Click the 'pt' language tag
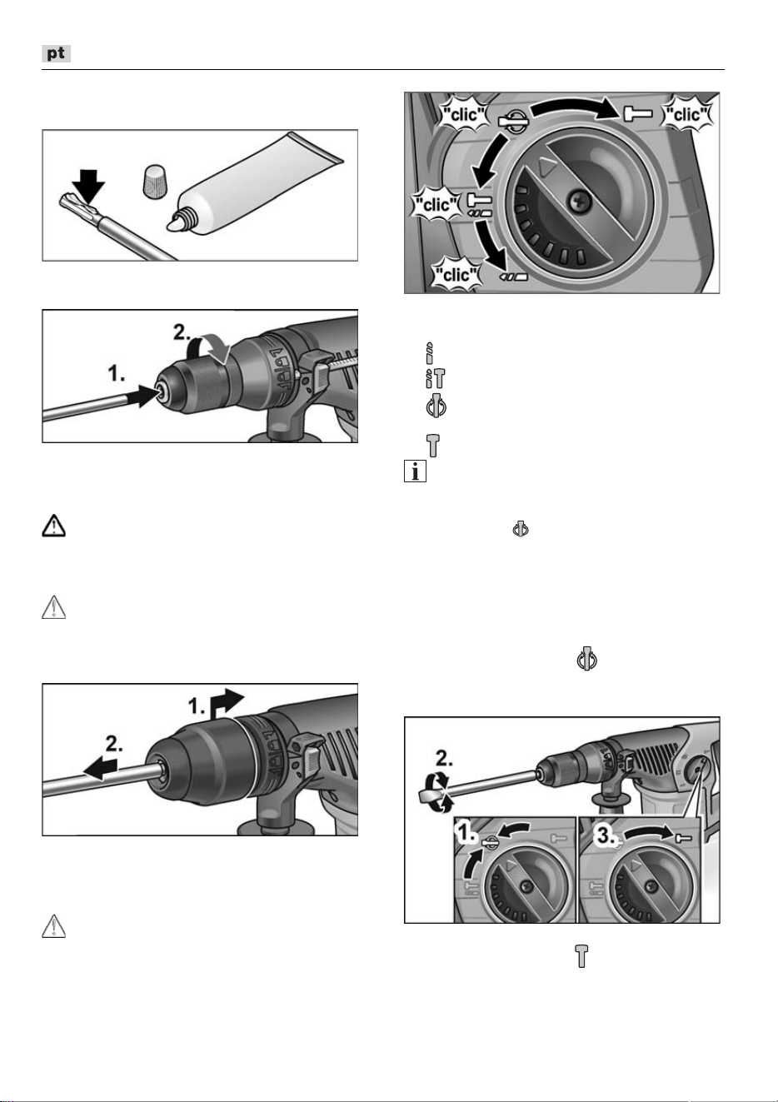coord(56,53)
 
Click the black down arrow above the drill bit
coord(88,186)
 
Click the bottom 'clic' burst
coord(456,274)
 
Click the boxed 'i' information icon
coord(415,471)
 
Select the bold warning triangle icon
coord(53,526)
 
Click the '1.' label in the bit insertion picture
coord(116,374)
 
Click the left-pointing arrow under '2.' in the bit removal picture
coord(101,769)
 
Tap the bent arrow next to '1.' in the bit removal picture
coord(226,702)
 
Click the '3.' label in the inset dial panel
coord(606,835)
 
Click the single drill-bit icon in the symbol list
coord(430,352)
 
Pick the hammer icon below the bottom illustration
coord(581,956)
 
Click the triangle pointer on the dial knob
coord(546,167)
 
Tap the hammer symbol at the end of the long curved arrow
coord(638,113)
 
